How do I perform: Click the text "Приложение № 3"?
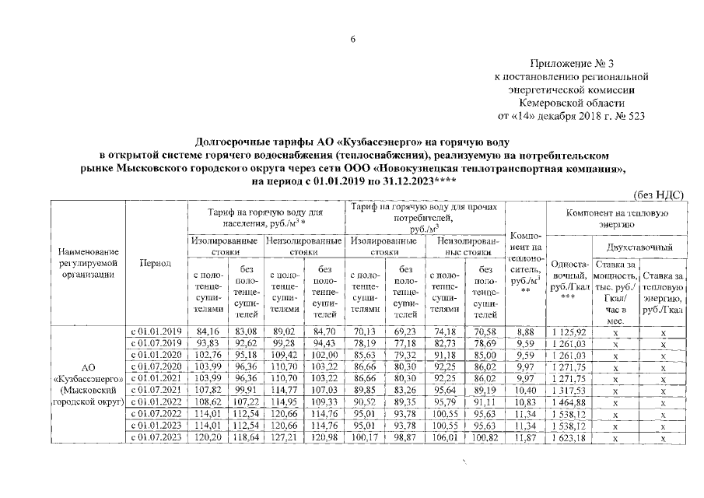(x=573, y=65)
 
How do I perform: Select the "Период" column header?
(x=156, y=263)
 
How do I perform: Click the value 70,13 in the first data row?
(x=365, y=330)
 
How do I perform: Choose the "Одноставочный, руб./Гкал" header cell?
(x=568, y=279)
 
